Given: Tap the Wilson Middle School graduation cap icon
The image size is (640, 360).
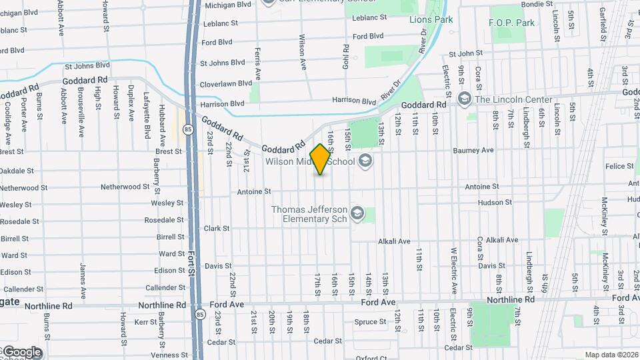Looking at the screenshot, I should click(364, 160).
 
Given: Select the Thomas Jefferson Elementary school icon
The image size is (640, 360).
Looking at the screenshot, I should click(357, 213).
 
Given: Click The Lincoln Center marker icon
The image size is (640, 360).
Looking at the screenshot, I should click(465, 99).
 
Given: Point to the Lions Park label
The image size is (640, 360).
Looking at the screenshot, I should click(431, 19).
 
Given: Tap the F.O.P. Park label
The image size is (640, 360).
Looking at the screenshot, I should click(512, 23).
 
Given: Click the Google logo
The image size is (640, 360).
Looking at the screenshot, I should click(21, 352).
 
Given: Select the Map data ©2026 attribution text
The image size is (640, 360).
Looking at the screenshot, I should click(611, 355).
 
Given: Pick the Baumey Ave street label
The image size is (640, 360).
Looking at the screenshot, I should click(473, 151).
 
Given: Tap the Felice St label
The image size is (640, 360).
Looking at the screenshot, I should click(615, 167).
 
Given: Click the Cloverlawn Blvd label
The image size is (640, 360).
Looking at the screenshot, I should click(226, 83).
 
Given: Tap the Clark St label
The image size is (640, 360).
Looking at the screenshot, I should click(217, 228).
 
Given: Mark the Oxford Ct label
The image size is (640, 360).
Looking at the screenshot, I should click(371, 358).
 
